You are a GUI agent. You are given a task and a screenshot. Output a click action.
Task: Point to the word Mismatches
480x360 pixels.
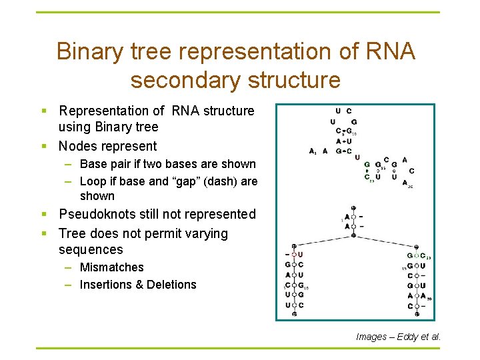(x=111, y=267)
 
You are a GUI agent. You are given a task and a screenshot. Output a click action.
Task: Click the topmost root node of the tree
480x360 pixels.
(x=353, y=208)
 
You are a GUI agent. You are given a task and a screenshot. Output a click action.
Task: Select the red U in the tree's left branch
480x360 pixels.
(x=301, y=255)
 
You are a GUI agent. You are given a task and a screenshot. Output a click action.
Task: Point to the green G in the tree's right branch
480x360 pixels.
(x=410, y=256)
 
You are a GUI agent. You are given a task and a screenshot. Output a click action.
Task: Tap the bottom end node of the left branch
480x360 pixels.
(x=294, y=314)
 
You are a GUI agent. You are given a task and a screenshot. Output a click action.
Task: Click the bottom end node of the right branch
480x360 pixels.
(x=417, y=314)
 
